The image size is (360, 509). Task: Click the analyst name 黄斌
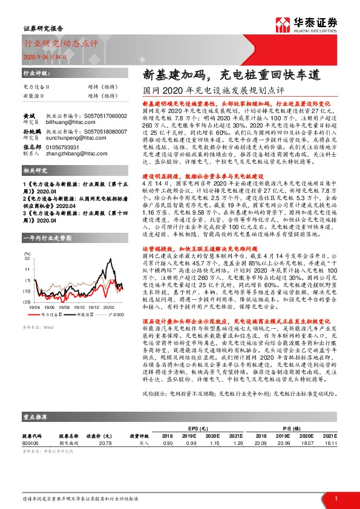pos(28,115)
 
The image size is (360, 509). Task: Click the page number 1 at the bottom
pos(335,498)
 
